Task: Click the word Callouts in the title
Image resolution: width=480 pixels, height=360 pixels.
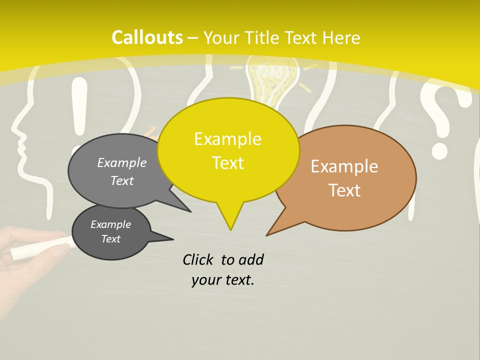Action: [147, 37]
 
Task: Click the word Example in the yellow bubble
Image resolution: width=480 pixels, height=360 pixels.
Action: [227, 139]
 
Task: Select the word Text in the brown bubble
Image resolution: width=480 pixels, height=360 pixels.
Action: [344, 190]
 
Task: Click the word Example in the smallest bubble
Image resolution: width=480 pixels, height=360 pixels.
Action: [110, 224]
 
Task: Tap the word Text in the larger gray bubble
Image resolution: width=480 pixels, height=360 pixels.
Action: [121, 180]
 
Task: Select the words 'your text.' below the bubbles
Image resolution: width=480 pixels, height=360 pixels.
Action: [222, 280]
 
